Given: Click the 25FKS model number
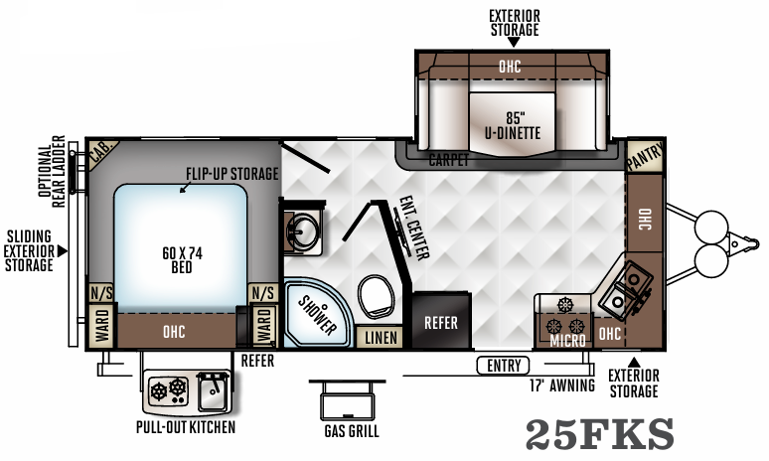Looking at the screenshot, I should tap(599, 434).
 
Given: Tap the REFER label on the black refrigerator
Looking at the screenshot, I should tap(440, 322).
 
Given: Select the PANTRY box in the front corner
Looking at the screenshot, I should tap(646, 155).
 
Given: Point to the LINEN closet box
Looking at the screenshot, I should tap(380, 338).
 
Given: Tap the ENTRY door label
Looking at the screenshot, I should tap(503, 366).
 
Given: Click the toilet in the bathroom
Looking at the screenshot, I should tap(375, 294).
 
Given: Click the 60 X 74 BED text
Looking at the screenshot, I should tap(181, 261).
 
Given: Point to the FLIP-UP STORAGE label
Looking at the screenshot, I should tap(232, 173).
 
